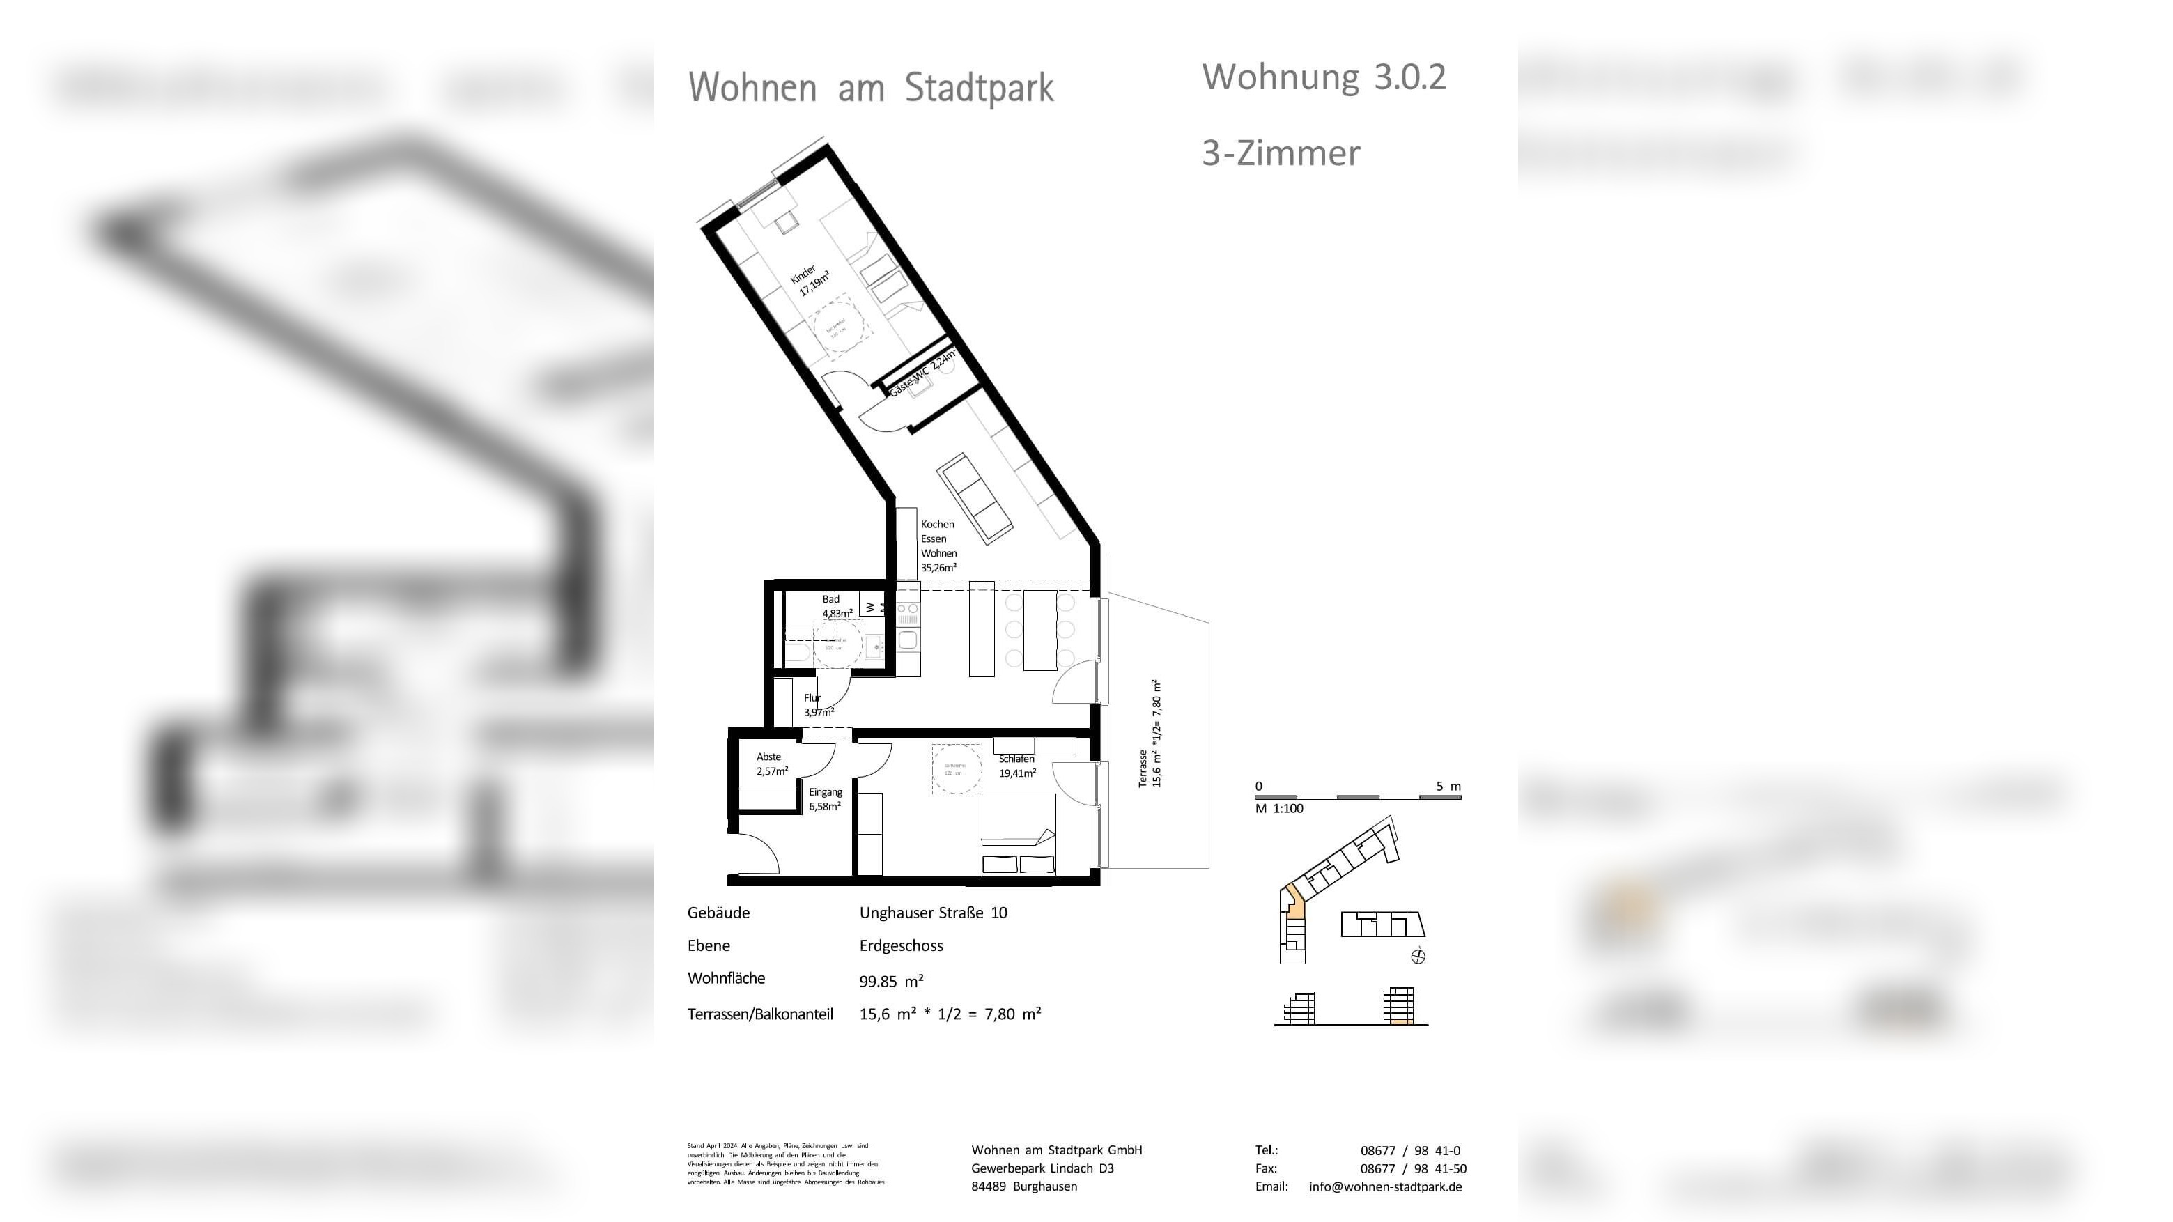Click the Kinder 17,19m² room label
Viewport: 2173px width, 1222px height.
(x=810, y=281)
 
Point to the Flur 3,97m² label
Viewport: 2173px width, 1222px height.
(x=817, y=705)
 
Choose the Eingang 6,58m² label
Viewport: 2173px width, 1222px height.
(x=824, y=798)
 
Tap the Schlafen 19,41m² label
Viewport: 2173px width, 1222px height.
(x=1016, y=766)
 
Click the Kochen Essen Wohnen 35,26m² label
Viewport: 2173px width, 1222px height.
(x=938, y=546)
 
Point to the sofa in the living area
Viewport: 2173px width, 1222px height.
(x=974, y=498)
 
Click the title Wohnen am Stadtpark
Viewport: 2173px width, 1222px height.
(x=871, y=88)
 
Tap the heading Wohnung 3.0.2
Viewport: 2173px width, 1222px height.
(x=1323, y=77)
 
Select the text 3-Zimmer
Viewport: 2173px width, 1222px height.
(x=1280, y=153)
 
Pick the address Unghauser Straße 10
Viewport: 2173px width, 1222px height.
(x=932, y=913)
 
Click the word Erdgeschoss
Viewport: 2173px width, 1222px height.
(x=900, y=945)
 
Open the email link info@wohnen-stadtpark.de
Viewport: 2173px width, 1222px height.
(x=1384, y=1186)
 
